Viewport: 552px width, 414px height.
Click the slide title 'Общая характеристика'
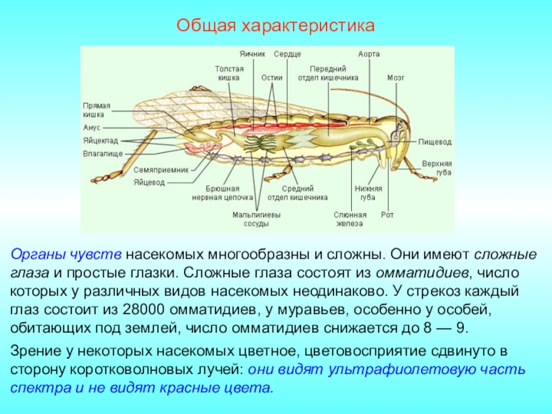(275, 26)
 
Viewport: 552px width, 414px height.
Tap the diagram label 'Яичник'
(253, 54)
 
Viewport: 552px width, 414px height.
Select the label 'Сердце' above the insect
(287, 54)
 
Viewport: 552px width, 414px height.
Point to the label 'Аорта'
(369, 54)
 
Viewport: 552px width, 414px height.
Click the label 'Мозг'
(395, 78)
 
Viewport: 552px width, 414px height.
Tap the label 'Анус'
(92, 128)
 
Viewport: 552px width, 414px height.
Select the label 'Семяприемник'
(157, 170)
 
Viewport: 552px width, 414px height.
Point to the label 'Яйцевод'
(150, 182)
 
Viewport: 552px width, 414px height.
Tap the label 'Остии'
(272, 78)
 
